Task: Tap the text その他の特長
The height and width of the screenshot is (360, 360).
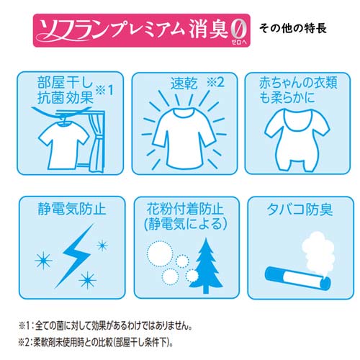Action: tap(295, 30)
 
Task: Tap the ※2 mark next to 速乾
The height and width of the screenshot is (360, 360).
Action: tap(215, 81)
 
